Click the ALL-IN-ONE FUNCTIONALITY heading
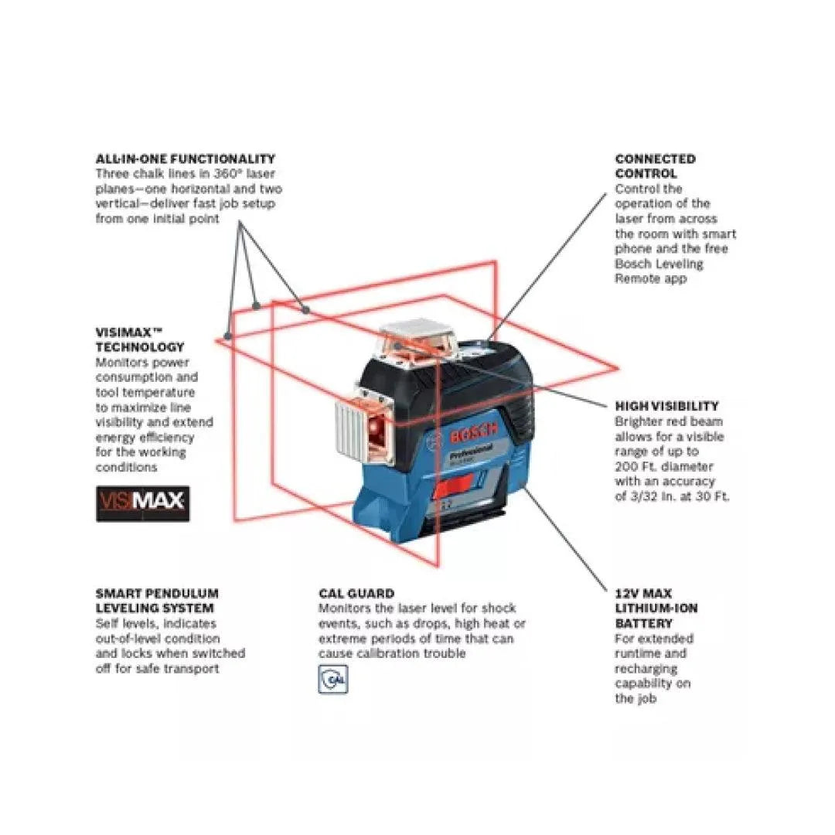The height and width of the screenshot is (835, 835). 185,158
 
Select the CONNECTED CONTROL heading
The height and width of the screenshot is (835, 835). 655,166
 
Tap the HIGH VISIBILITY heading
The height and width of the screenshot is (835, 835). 666,406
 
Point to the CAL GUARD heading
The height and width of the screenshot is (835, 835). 356,594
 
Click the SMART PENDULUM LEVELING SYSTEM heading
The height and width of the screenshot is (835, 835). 157,601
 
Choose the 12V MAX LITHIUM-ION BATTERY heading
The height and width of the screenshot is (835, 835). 656,608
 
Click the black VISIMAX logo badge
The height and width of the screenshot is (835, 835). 142,503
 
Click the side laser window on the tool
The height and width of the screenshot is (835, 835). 379,427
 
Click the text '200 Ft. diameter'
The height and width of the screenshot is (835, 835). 663,466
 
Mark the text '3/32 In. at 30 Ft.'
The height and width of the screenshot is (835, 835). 671,496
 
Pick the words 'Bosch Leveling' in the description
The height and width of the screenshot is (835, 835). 659,264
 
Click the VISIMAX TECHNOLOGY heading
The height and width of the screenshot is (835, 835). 140,340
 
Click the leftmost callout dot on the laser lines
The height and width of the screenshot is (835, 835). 227,336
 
